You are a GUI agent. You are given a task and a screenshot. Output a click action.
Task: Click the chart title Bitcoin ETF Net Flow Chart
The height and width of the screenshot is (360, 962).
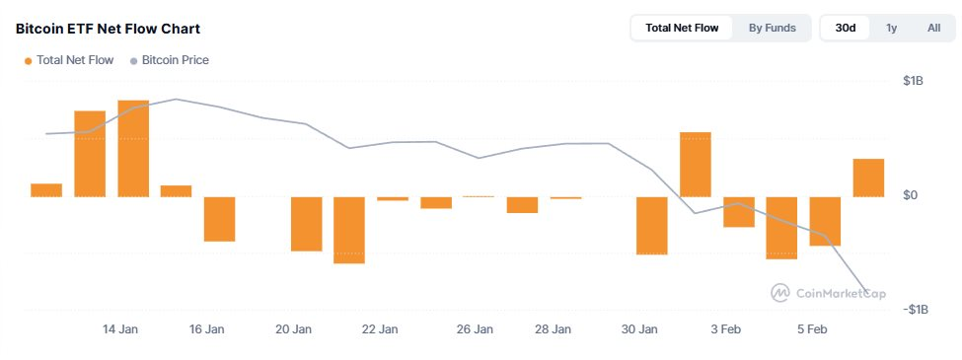[108, 29]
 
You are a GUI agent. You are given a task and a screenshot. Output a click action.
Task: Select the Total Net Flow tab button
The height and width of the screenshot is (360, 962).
[682, 28]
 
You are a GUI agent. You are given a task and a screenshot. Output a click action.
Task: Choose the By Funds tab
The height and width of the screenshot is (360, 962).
[772, 28]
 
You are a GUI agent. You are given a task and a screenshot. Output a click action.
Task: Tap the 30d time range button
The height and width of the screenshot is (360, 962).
[846, 28]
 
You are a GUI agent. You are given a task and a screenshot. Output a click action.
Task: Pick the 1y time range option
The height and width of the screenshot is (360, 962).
[891, 28]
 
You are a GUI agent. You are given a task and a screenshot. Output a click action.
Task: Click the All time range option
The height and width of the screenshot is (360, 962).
[933, 28]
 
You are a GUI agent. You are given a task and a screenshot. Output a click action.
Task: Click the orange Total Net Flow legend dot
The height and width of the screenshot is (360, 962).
[29, 61]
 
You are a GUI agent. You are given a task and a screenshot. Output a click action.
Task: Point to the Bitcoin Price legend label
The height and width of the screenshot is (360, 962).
[176, 60]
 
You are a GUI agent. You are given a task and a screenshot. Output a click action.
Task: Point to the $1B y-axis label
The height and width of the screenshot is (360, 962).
[914, 81]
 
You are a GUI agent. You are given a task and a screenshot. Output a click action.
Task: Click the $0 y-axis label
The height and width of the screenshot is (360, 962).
[911, 195]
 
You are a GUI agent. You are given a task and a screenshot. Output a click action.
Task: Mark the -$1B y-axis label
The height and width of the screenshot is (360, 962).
[914, 309]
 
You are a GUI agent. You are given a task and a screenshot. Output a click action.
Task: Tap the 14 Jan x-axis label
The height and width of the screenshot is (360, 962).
[119, 329]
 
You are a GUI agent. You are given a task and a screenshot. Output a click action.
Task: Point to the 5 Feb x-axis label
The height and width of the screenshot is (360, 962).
[812, 329]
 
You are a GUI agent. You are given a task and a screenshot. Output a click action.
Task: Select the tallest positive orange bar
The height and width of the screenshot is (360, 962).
[133, 148]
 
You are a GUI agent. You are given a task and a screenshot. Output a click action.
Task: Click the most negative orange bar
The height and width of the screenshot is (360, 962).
[349, 230]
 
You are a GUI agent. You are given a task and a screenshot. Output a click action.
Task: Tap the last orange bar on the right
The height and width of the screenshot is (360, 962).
[868, 178]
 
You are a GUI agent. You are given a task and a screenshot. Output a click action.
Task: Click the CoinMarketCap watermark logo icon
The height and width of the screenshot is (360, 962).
[779, 293]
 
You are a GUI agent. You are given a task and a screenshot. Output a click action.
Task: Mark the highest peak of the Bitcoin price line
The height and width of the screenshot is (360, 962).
[176, 99]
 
